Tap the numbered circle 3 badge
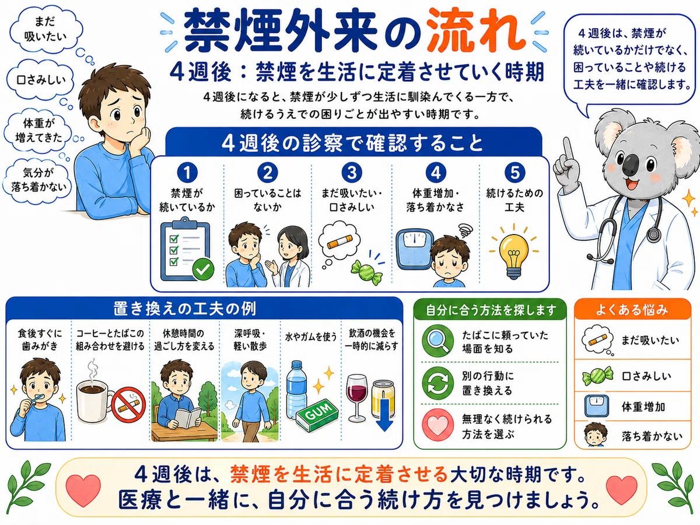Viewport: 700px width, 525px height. [351, 172]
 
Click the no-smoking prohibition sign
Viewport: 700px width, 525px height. [128, 404]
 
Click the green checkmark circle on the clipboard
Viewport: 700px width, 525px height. [203, 269]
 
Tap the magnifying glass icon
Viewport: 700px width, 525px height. [438, 341]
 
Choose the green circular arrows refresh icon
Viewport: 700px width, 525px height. [437, 383]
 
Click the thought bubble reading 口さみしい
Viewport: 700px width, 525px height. [40, 80]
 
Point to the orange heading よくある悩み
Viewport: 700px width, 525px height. [632, 310]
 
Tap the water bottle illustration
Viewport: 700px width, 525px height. [296, 390]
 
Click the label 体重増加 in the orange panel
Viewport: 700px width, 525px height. [643, 407]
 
